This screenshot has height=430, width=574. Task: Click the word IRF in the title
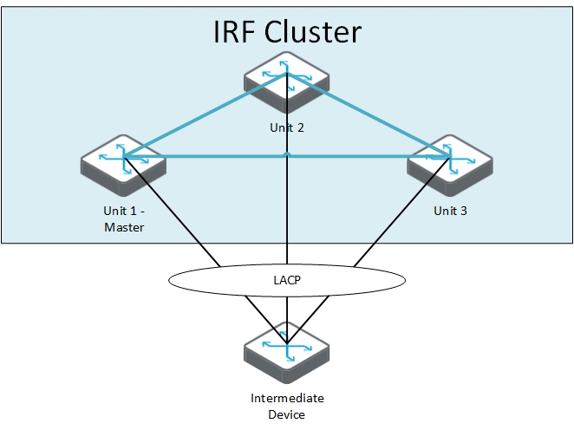(233, 32)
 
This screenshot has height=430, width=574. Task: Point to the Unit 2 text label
(287, 127)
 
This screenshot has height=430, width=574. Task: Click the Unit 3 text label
(450, 211)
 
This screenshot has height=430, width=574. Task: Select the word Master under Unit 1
(122, 227)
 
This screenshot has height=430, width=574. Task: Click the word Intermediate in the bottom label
(286, 398)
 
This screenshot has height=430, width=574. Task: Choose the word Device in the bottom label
(286, 414)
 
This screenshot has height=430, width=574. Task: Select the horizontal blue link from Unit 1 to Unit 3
(208, 157)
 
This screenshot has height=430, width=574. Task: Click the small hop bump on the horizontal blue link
(286, 154)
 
